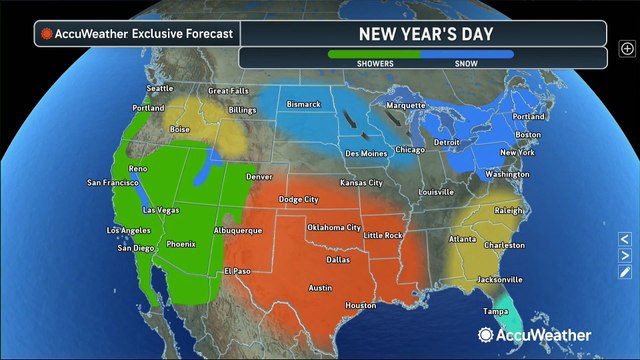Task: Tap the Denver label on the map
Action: (260, 177)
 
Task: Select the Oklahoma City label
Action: (334, 227)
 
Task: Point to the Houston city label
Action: (360, 305)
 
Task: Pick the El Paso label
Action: (237, 271)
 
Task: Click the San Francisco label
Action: (111, 183)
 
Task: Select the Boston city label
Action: (527, 134)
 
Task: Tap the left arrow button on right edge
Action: (624, 239)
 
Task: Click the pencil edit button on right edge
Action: (624, 271)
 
